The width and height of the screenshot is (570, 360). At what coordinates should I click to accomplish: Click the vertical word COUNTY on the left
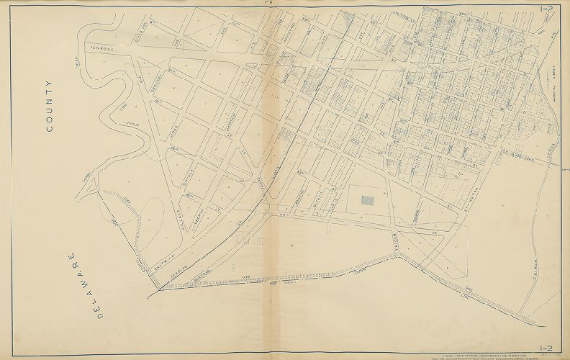[x=50, y=106]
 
